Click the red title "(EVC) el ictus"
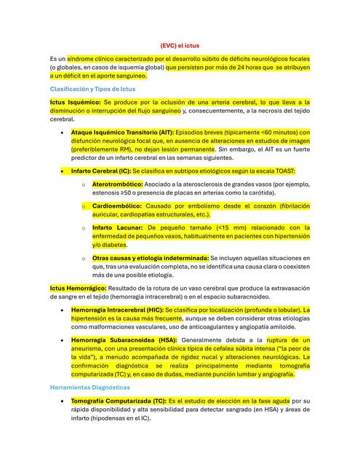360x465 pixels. tap(180, 44)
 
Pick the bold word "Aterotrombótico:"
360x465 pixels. tap(117, 185)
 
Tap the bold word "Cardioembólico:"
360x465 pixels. tap(117, 206)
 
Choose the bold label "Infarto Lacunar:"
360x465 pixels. tap(114, 227)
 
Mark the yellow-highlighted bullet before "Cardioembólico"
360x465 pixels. tap(84, 207)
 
